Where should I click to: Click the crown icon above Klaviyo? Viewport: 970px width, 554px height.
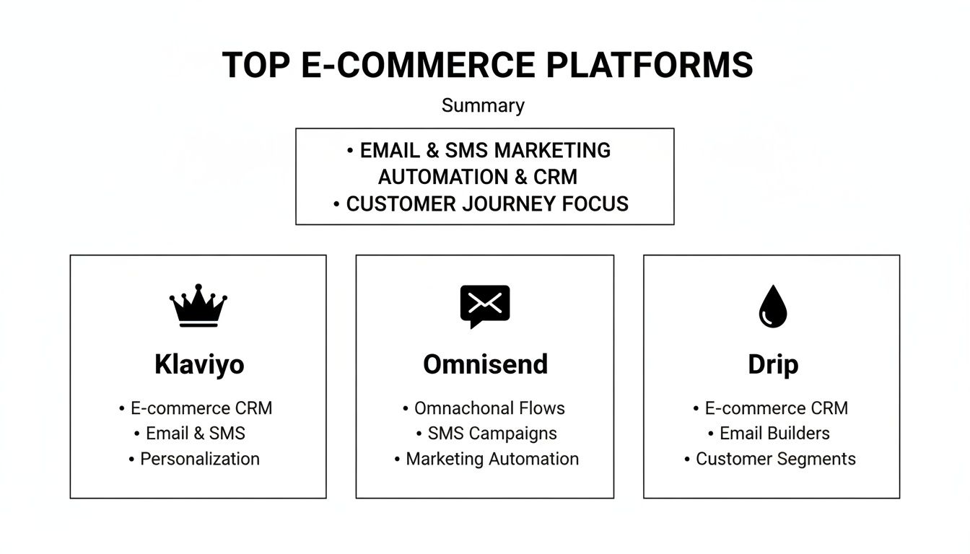[198, 305]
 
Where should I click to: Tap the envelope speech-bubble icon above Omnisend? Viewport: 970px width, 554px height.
[485, 305]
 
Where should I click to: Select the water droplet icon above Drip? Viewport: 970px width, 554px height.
[772, 305]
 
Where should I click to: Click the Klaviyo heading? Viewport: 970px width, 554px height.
[199, 364]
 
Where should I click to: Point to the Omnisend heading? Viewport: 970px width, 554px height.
[485, 364]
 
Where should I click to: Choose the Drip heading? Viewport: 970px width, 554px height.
[773, 364]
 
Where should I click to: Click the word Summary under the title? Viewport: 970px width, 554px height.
[483, 105]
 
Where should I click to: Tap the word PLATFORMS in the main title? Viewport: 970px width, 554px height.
[650, 65]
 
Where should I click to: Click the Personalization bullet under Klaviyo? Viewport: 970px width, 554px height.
[199, 459]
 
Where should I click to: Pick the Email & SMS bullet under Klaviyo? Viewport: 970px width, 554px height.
[195, 434]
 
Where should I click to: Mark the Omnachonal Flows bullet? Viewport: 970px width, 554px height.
[489, 408]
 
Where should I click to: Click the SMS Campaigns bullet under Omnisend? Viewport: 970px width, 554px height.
[491, 434]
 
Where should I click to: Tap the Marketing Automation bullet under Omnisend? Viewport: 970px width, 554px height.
[491, 459]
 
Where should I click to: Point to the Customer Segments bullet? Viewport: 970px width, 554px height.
[775, 459]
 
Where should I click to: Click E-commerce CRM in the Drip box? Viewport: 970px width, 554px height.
[776, 408]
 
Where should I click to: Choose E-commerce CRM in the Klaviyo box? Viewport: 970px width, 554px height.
[201, 408]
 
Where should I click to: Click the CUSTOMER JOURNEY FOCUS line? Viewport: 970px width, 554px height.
[486, 204]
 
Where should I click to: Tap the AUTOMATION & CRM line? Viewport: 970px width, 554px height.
[478, 177]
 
